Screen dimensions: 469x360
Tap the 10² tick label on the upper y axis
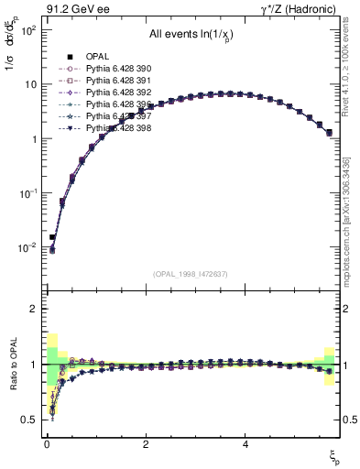pyautogui.click(x=28, y=29)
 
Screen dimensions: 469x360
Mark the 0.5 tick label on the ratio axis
pyautogui.click(x=29, y=419)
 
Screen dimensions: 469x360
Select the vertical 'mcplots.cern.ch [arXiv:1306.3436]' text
pyautogui.click(x=353, y=234)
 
